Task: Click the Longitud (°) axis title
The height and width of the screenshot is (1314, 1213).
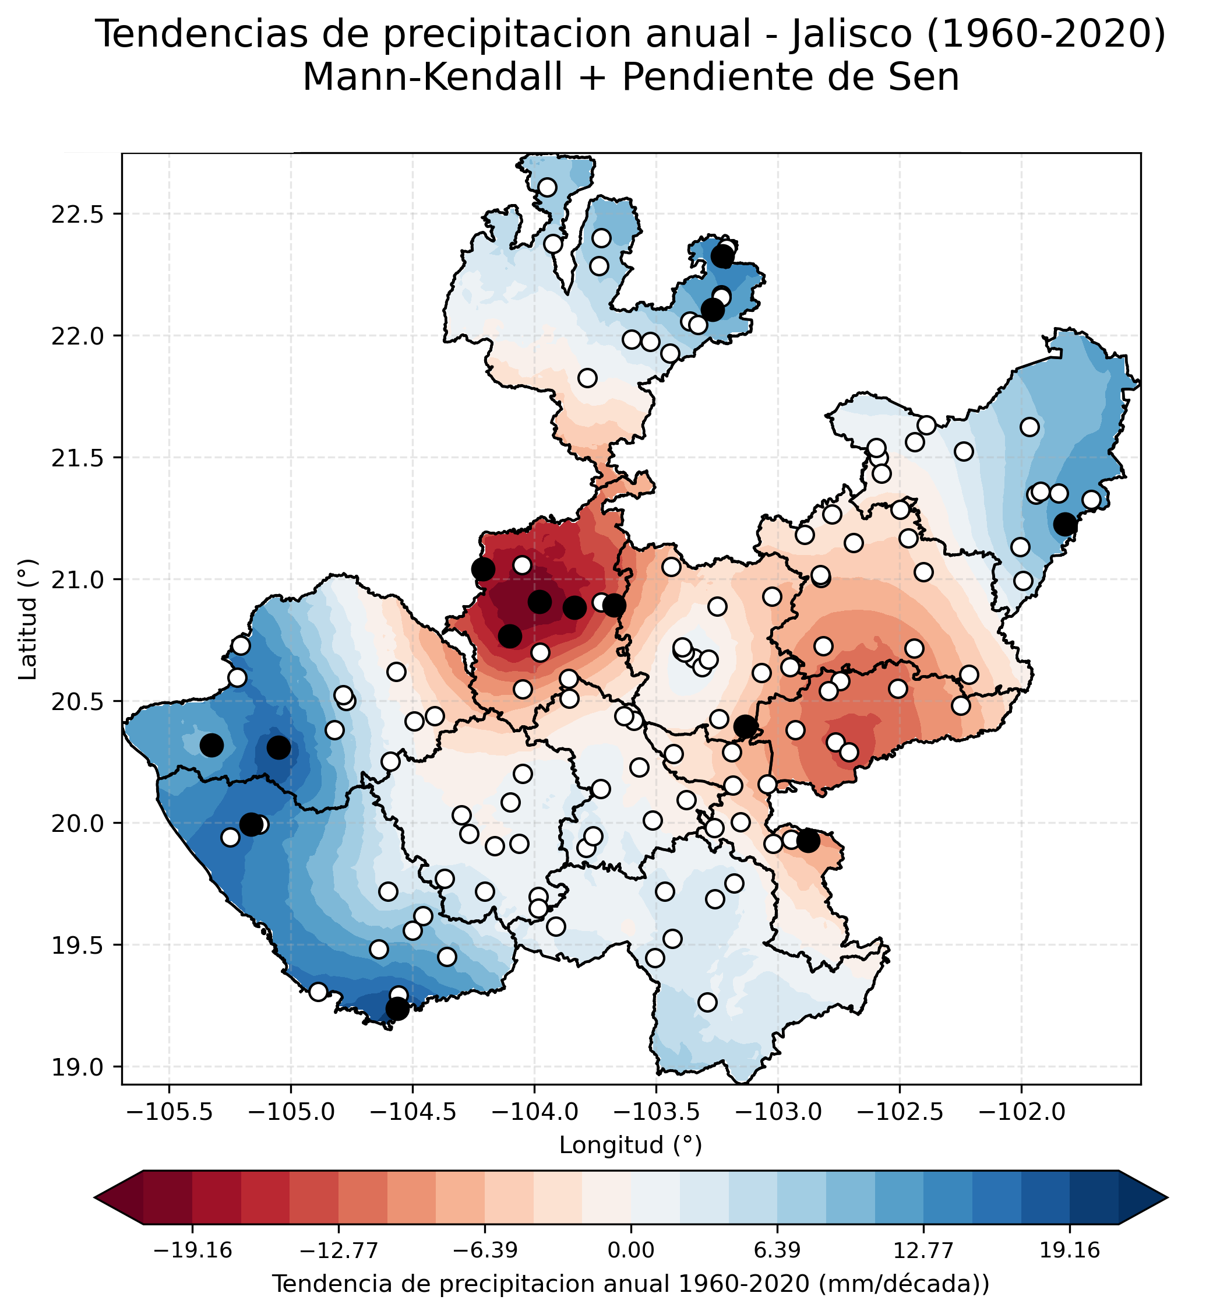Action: point(630,1146)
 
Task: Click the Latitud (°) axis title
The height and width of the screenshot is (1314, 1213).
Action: point(27,620)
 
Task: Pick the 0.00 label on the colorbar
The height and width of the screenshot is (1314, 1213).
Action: point(631,1250)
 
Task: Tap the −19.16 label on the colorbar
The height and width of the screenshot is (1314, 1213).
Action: point(192,1250)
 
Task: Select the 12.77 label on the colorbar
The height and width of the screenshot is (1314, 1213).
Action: point(923,1250)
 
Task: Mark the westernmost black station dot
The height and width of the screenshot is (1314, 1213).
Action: point(211,746)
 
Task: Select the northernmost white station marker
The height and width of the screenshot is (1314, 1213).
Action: point(548,188)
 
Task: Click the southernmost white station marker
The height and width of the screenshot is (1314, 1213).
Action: point(707,1002)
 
